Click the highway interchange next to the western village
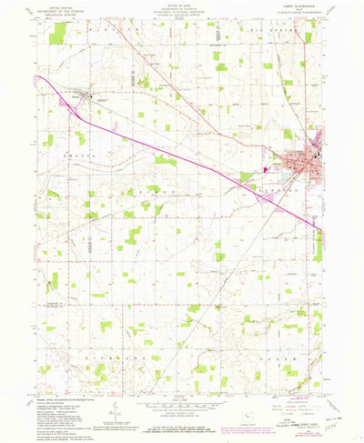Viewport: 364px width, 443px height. (73, 102)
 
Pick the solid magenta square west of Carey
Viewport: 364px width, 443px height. (265, 167)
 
